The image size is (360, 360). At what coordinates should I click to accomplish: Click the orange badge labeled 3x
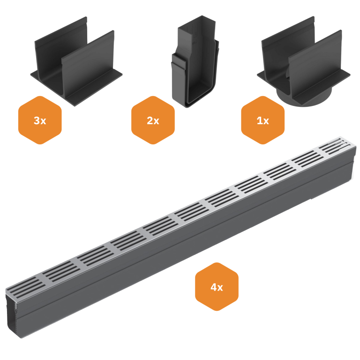pos(40,120)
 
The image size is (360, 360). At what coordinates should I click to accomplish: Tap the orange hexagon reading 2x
pos(153,120)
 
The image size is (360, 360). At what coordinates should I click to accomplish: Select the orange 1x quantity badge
pos(262,120)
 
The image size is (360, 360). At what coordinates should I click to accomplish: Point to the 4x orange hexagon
pos(217,287)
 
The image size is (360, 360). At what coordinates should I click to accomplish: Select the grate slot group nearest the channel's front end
pos(23,285)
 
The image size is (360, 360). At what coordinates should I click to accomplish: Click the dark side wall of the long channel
pos(187,244)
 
